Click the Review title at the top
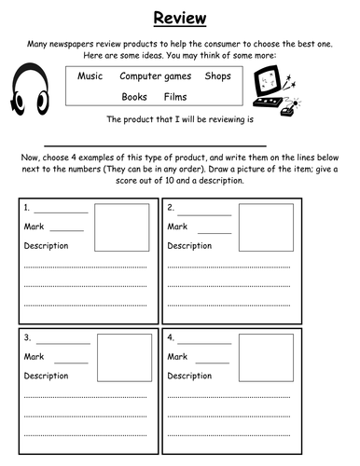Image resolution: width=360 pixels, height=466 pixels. coord(179,18)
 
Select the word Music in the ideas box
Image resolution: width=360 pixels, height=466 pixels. coord(90,75)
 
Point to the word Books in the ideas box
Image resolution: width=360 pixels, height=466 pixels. coord(134,97)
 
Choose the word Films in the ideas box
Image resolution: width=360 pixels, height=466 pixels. coord(175,97)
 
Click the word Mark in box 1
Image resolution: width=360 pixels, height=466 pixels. coord(35,226)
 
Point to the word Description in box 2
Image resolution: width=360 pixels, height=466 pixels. coord(188,245)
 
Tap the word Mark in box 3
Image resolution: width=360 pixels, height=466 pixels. coord(35,356)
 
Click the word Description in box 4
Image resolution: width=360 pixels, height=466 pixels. coord(188,376)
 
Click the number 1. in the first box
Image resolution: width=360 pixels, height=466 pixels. coord(28,208)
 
